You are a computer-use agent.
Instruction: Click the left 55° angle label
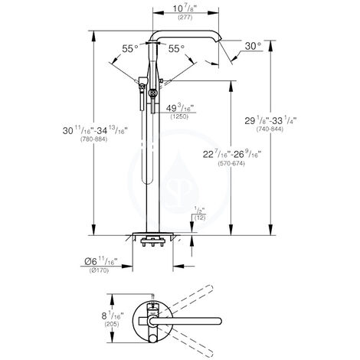[131, 48]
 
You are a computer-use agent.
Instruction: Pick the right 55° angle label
[175, 48]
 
